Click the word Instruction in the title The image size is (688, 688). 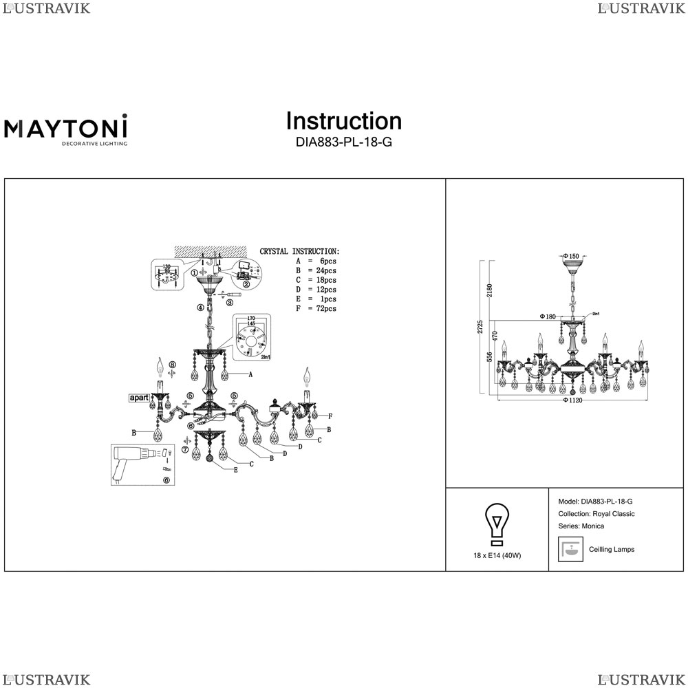click(x=343, y=121)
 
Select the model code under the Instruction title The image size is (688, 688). click(x=343, y=143)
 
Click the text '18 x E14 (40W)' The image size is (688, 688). click(x=497, y=555)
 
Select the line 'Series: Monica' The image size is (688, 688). click(x=581, y=526)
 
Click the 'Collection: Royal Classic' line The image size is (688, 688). click(x=596, y=514)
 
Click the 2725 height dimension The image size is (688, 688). click(x=480, y=327)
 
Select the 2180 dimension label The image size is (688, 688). click(x=490, y=290)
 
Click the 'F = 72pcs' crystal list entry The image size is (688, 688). click(x=316, y=309)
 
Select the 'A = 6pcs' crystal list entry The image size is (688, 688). click(x=316, y=261)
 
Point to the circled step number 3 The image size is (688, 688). click(x=230, y=302)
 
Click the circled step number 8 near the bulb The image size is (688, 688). click(x=173, y=364)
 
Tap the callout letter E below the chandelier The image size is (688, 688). click(x=235, y=470)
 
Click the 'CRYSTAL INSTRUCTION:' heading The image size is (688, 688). click(x=299, y=252)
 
